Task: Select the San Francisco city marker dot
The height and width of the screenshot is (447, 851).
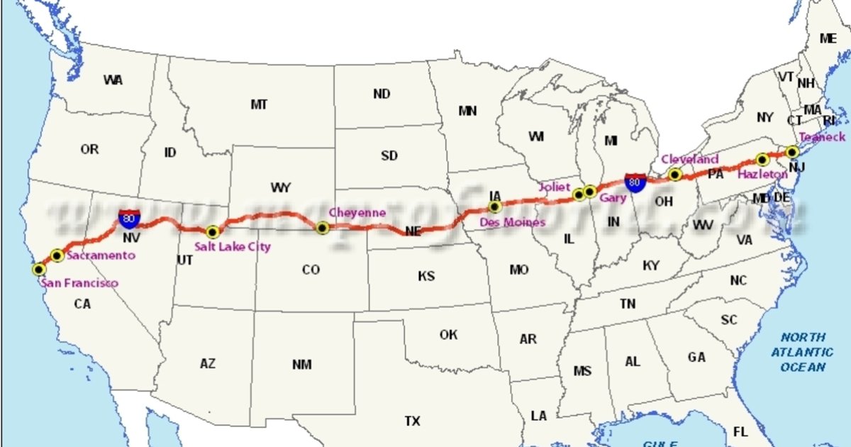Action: (x=39, y=269)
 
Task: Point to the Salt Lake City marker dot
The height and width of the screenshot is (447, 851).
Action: (x=212, y=231)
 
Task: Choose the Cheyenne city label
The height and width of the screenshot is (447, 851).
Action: (x=357, y=212)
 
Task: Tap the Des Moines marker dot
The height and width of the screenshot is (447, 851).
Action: (x=495, y=207)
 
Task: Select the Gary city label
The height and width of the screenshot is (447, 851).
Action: (x=612, y=198)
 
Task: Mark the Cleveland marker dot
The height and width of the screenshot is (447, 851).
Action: (x=674, y=174)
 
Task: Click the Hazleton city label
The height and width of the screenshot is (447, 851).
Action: (x=762, y=174)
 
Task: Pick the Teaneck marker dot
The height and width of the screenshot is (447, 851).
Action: (x=792, y=151)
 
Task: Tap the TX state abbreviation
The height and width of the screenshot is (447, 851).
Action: (x=412, y=421)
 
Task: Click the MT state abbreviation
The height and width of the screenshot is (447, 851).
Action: (x=259, y=104)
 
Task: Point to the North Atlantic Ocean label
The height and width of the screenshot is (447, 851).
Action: (x=803, y=352)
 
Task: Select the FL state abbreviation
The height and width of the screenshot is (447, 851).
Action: (x=740, y=431)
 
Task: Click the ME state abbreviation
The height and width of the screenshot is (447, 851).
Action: (x=828, y=39)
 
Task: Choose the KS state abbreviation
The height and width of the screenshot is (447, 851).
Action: (x=426, y=276)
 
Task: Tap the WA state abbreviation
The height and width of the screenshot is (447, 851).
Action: (x=113, y=80)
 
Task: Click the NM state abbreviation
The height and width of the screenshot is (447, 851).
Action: (x=301, y=365)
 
